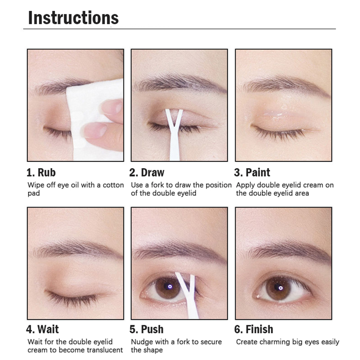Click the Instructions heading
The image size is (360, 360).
(73, 18)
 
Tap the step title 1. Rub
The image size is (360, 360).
(41, 173)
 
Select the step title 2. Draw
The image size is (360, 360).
(147, 173)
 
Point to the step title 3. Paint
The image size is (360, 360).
(252, 173)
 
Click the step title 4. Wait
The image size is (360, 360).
(42, 329)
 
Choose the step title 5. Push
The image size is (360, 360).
(146, 329)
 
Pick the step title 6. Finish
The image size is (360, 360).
(254, 329)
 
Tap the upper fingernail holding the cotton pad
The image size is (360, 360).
(117, 108)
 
